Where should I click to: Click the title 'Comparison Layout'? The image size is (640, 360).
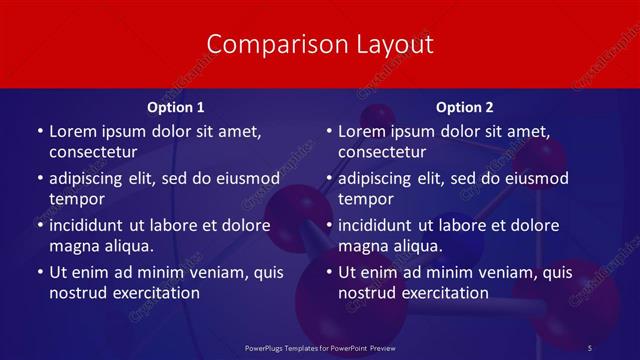point(320,44)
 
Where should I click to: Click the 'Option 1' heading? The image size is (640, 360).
point(175,107)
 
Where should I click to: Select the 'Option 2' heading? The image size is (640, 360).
point(464,107)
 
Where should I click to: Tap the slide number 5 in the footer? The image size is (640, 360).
point(590,347)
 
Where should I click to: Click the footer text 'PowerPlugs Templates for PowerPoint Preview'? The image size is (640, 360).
point(319,347)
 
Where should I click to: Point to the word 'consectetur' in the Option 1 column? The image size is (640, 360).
point(92,152)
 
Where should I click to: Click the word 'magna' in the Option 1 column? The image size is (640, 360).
point(73,246)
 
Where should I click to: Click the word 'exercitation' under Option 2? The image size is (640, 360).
point(443,293)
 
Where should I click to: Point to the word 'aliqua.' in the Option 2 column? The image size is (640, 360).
point(416,246)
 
